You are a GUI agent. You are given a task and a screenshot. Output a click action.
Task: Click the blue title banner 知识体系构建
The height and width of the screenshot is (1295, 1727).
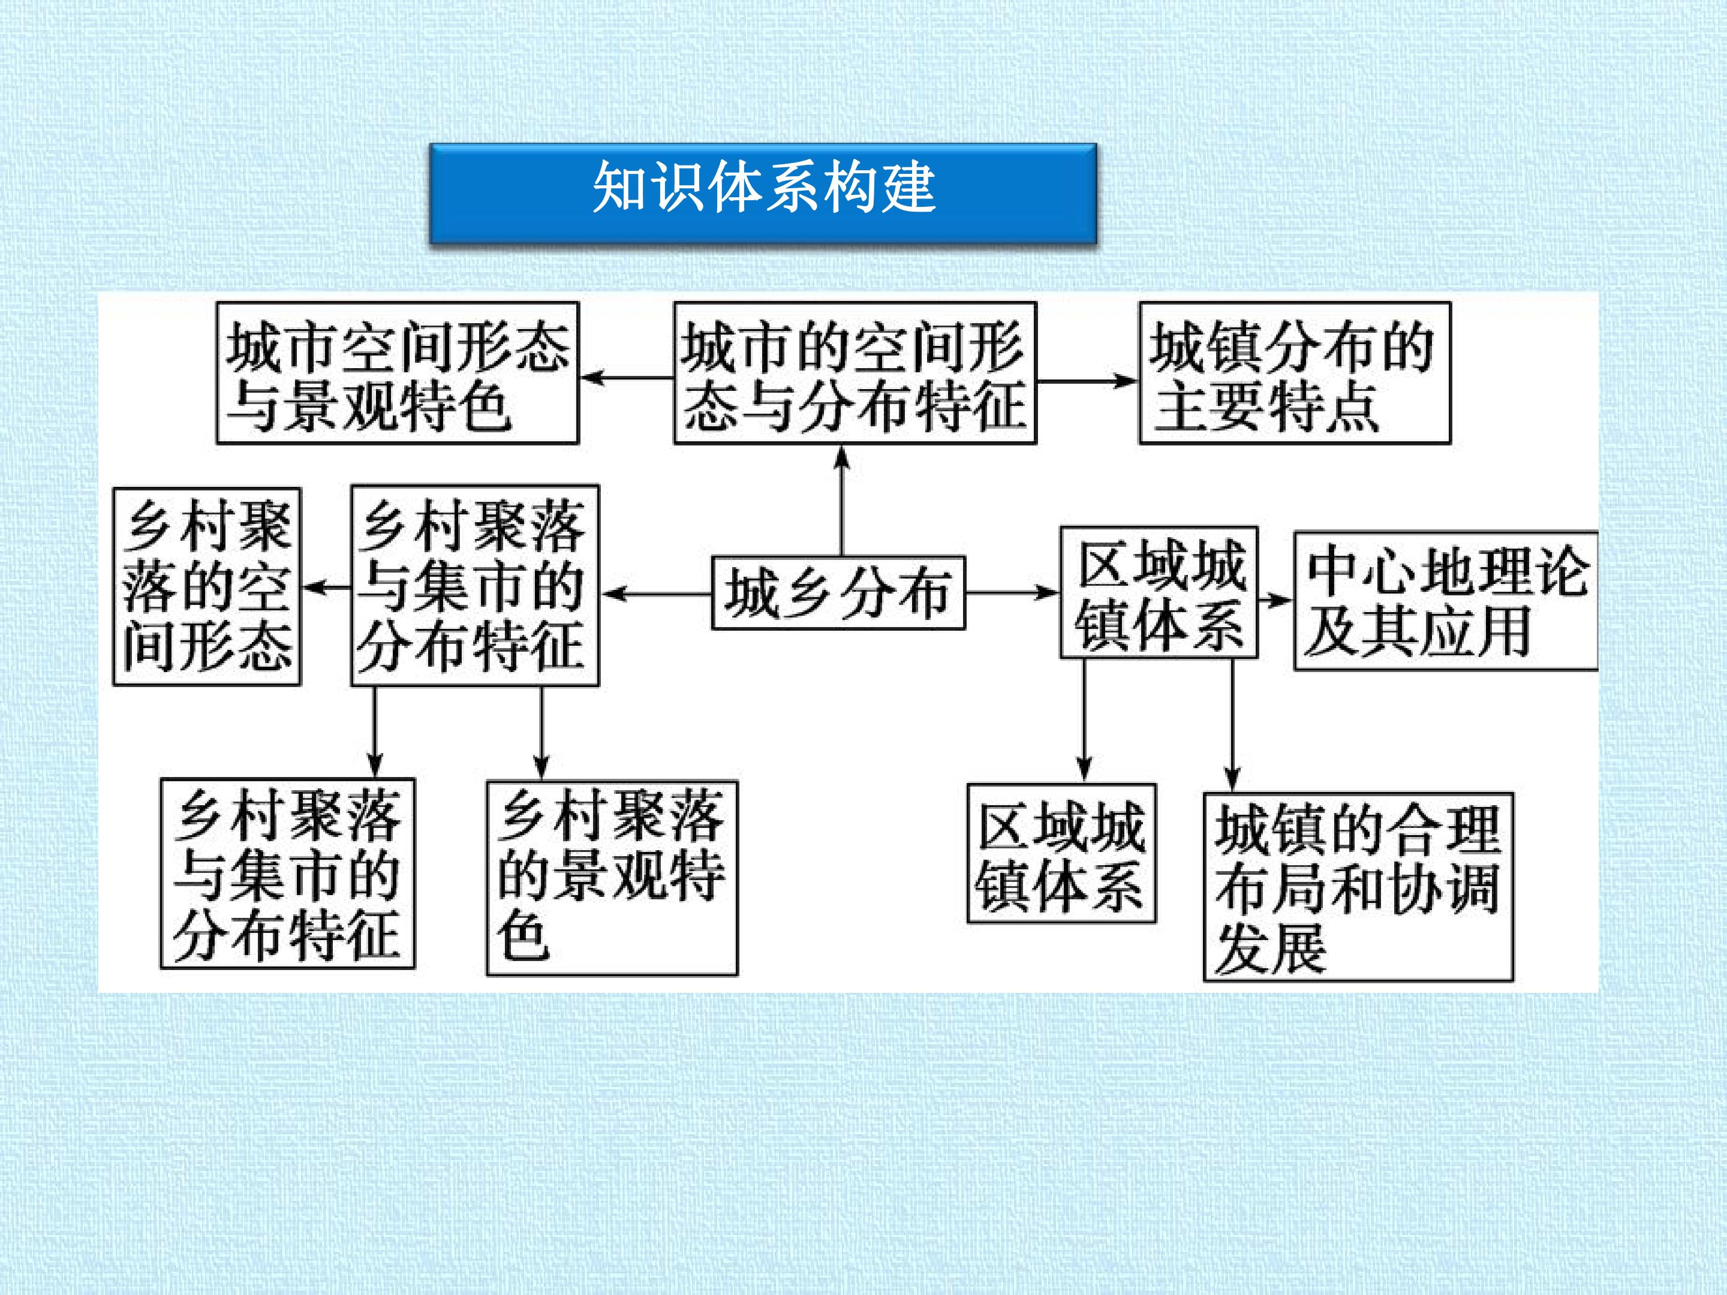tap(763, 193)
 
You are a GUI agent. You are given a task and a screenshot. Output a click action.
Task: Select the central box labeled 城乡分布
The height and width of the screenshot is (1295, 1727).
tap(838, 592)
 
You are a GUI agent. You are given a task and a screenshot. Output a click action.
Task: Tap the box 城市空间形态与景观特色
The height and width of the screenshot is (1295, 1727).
tap(398, 373)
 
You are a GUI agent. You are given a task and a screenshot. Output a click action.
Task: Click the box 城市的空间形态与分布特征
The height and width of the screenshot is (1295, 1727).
tap(855, 373)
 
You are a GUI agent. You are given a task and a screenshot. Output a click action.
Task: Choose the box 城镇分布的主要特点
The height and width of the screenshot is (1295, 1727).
tap(1295, 373)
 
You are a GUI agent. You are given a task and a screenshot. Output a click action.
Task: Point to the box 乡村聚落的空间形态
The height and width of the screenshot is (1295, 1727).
tap(207, 587)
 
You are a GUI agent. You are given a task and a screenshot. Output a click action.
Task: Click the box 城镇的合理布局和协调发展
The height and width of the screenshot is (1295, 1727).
tap(1358, 887)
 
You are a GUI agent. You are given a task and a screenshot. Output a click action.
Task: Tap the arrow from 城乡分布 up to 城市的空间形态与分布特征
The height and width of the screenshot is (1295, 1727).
tap(842, 501)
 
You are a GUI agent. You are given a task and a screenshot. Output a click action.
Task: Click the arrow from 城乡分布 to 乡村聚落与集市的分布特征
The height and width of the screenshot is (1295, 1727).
tap(656, 594)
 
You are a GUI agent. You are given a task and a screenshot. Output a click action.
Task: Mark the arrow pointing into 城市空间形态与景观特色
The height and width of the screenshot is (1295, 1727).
tap(627, 378)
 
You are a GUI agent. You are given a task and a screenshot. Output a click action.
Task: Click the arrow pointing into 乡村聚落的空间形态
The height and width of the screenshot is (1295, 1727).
tap(326, 587)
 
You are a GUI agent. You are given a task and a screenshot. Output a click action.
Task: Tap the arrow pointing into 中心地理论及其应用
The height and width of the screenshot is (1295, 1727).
tap(1275, 600)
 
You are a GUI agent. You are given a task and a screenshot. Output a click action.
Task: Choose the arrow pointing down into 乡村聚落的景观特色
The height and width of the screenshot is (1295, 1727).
tap(542, 734)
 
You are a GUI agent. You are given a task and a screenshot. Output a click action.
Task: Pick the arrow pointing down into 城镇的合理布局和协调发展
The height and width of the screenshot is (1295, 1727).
tap(1232, 725)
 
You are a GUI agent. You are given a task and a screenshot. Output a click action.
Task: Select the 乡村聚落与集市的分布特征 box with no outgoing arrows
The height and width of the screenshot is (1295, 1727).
tap(287, 874)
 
